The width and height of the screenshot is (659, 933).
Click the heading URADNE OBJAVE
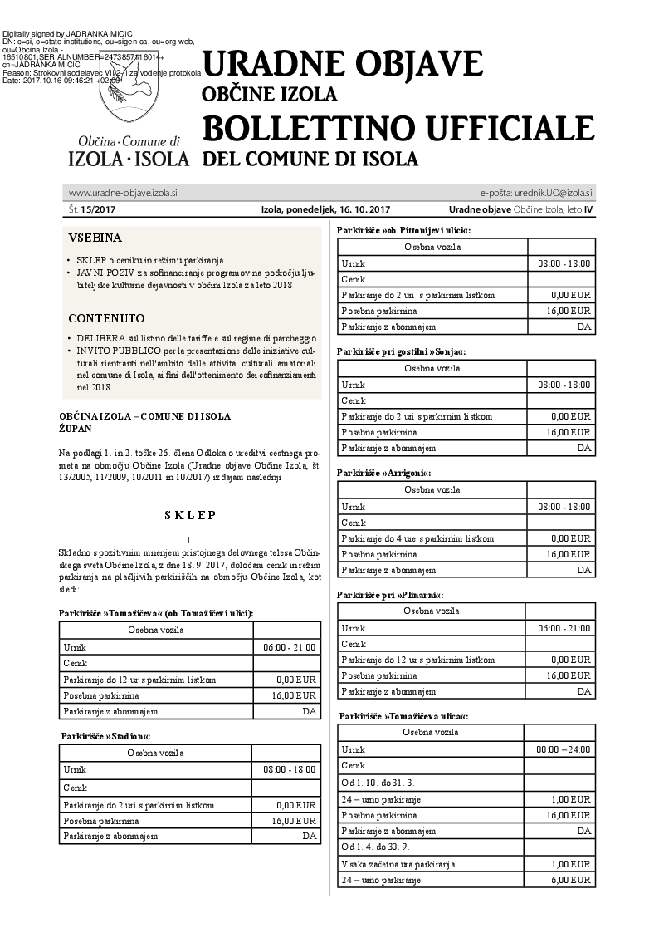342,63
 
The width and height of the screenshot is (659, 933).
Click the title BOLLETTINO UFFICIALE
398,128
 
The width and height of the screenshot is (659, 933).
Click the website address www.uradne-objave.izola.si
123,193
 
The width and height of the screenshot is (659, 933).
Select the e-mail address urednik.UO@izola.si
549,193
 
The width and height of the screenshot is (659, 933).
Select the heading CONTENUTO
106,318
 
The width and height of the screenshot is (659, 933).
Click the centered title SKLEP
190,515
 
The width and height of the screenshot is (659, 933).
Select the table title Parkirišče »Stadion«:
106,736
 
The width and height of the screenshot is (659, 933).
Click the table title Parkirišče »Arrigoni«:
384,473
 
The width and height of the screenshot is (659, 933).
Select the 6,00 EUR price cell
571,880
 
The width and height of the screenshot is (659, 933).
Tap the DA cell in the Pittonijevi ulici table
583,327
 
